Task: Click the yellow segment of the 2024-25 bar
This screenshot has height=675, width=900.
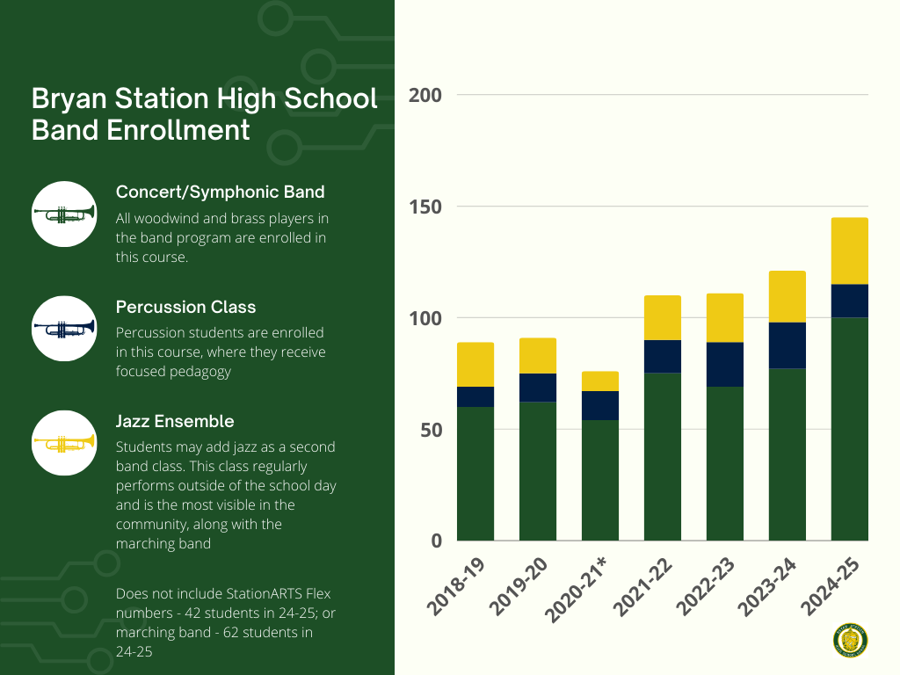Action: click(x=849, y=250)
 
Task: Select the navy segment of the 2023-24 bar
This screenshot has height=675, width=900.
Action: click(x=787, y=345)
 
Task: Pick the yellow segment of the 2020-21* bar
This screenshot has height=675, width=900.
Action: click(x=599, y=381)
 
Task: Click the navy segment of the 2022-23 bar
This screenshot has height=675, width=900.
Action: click(x=724, y=364)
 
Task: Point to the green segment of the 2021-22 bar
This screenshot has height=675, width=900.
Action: click(x=662, y=456)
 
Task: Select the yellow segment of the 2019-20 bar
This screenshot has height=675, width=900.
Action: click(x=537, y=355)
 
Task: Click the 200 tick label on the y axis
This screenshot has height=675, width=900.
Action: click(x=425, y=95)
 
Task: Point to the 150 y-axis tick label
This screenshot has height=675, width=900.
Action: click(x=425, y=207)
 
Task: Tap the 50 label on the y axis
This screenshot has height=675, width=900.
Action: click(x=430, y=430)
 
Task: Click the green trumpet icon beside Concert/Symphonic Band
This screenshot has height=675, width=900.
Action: click(x=63, y=213)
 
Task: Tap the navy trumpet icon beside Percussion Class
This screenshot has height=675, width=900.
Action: click(x=63, y=328)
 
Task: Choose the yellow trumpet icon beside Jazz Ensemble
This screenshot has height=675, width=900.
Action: click(x=63, y=441)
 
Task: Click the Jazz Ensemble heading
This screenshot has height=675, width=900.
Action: click(x=175, y=422)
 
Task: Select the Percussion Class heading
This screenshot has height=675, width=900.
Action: click(x=185, y=307)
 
